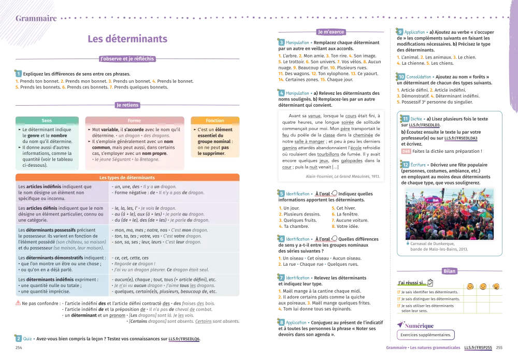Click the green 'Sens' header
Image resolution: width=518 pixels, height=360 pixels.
[x=47, y=120]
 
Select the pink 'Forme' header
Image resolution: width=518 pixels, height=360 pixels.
[x=134, y=120]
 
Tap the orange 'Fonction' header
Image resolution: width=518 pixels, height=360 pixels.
[x=215, y=120]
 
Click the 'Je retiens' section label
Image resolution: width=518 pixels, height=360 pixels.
[x=126, y=105]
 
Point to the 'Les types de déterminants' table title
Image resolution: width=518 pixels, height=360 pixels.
[x=126, y=177]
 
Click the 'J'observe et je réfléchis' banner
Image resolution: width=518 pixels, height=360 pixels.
[x=126, y=60]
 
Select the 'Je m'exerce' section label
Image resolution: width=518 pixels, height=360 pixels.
[x=330, y=32]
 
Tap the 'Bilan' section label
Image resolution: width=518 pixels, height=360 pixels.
[x=449, y=270]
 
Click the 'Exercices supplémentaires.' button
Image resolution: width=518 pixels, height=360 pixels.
[x=425, y=335]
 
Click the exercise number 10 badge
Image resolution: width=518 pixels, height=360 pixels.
[x=401, y=77]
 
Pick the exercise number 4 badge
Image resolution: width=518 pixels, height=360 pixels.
[x=281, y=94]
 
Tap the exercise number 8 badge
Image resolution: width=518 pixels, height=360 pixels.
[x=281, y=323]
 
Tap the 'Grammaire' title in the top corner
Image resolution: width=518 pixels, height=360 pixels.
[x=30, y=19]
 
